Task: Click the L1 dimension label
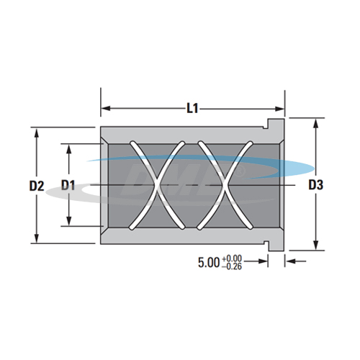192,109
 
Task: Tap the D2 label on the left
37,186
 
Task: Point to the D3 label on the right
315,186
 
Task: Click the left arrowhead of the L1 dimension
104,109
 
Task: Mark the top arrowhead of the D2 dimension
37,132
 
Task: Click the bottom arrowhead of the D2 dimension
37,239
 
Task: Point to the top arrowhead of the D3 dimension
315,125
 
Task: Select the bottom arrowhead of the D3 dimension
315,247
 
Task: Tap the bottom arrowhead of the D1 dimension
69,223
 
